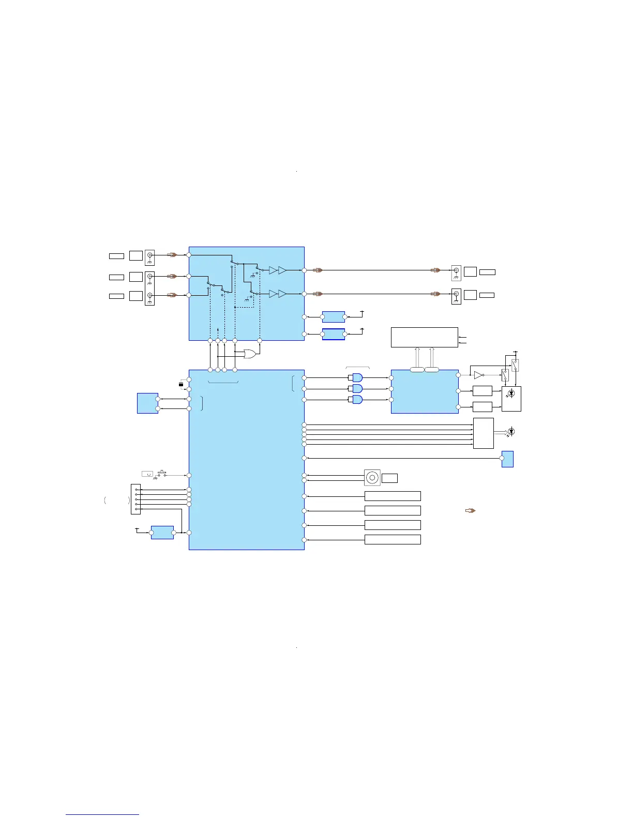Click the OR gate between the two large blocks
click(x=250, y=354)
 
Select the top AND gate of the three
click(x=357, y=377)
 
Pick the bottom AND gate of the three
click(x=357, y=400)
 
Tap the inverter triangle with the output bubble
click(x=479, y=375)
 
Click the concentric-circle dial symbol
click(x=372, y=478)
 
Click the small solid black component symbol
click(x=181, y=384)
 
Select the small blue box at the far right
click(x=507, y=459)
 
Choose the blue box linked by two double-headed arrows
click(x=147, y=403)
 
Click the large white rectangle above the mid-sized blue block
click(x=425, y=337)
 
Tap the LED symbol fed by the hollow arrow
click(x=511, y=431)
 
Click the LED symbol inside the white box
click(x=511, y=394)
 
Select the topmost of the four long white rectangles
click(x=393, y=496)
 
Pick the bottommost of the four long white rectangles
click(x=393, y=540)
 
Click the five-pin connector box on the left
click(x=135, y=499)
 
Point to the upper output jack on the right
click(x=456, y=271)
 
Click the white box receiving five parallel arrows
click(x=484, y=433)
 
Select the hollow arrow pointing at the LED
click(x=501, y=432)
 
